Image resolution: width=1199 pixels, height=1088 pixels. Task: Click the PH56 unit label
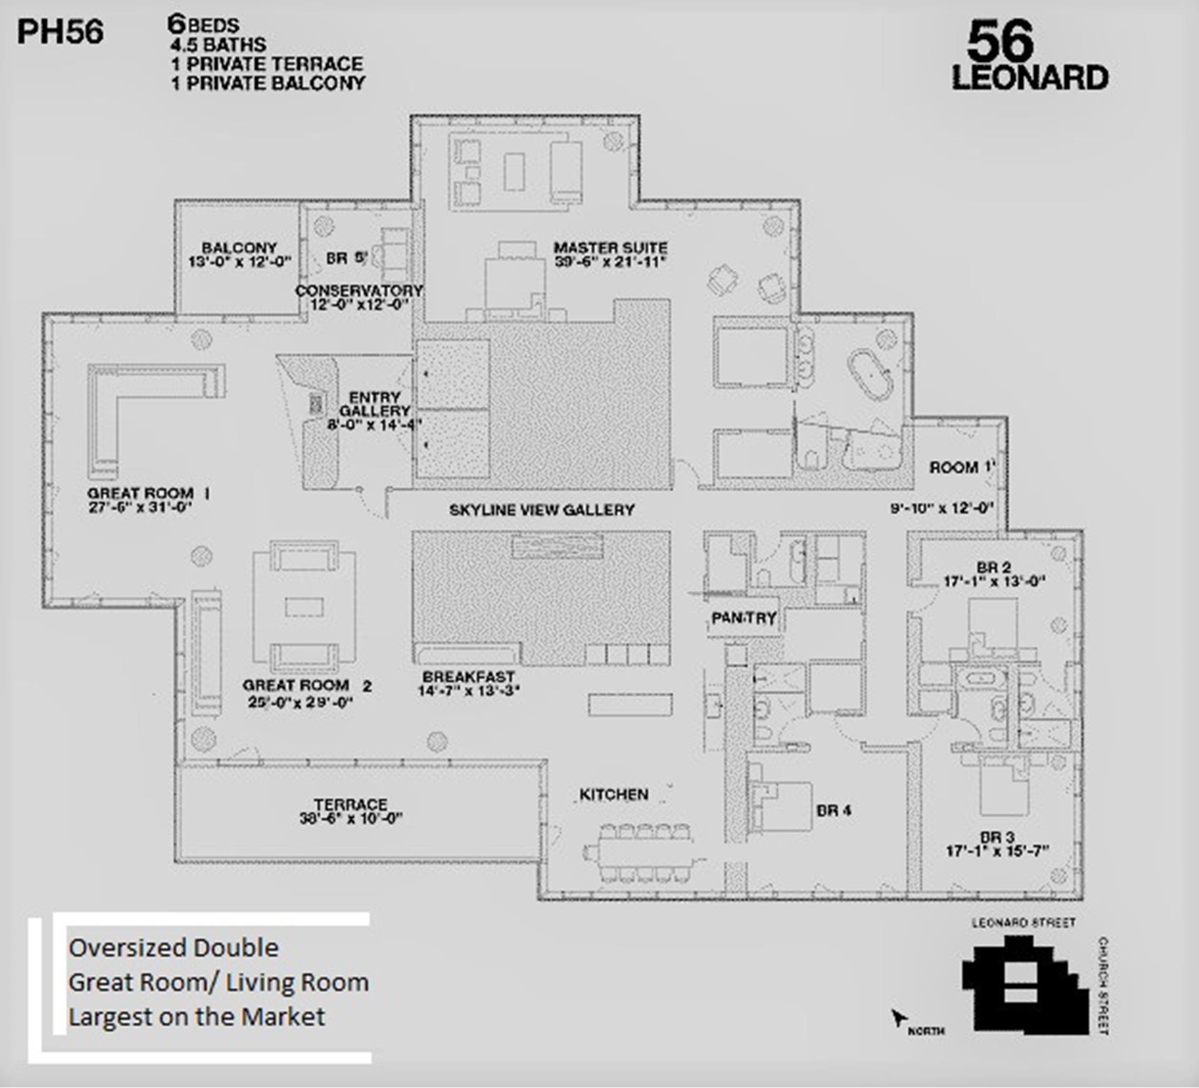pyautogui.click(x=60, y=32)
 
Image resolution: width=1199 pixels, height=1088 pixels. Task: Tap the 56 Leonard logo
pyautogui.click(x=1029, y=56)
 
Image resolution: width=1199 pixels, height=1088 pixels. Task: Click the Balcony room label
pyautogui.click(x=239, y=248)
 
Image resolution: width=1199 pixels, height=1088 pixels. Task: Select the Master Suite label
pyautogui.click(x=610, y=248)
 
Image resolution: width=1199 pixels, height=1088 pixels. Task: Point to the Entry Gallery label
pyautogui.click(x=375, y=404)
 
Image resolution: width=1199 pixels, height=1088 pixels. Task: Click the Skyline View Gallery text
pyautogui.click(x=541, y=510)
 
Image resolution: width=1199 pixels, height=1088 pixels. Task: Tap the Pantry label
pyautogui.click(x=743, y=618)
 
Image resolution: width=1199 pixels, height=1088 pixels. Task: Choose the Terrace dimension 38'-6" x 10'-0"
pyautogui.click(x=350, y=819)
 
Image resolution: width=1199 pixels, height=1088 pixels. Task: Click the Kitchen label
pyautogui.click(x=613, y=794)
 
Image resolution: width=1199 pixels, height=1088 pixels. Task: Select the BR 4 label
pyautogui.click(x=833, y=811)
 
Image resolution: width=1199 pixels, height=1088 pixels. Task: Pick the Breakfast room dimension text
pyautogui.click(x=468, y=691)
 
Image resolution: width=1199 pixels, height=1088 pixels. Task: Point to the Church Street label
pyautogui.click(x=1103, y=986)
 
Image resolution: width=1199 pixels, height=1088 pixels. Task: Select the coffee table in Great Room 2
pyautogui.click(x=304, y=607)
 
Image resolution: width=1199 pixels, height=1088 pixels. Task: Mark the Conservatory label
pyautogui.click(x=358, y=291)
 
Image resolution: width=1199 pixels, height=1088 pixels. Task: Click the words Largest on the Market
pyautogui.click(x=197, y=1017)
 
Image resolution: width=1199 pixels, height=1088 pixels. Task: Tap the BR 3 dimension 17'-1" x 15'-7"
pyautogui.click(x=997, y=851)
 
